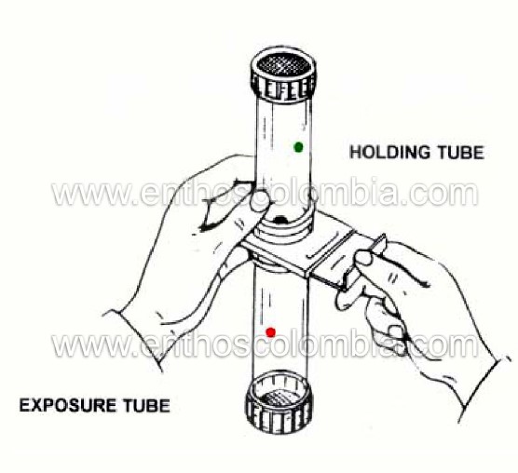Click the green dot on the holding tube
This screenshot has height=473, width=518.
point(299,147)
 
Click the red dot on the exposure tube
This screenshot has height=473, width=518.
point(271,332)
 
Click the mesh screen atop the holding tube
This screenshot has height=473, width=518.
point(284,65)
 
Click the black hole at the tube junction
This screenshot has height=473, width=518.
point(280,219)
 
